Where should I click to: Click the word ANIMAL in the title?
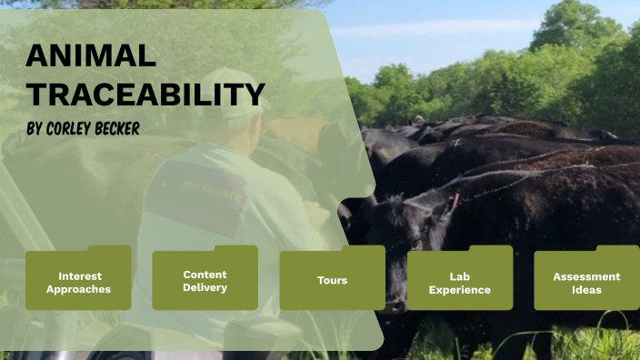(91, 56)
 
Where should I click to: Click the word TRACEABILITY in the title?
(145, 94)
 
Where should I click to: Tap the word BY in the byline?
(35, 129)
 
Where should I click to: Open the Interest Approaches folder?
(78, 282)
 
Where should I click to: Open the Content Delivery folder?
(205, 281)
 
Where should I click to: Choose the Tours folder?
(332, 281)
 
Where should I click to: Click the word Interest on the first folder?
(80, 275)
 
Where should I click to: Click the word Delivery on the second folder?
(205, 288)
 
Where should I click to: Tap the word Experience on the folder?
(460, 290)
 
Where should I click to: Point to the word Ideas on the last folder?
(586, 290)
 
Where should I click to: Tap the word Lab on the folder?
(460, 275)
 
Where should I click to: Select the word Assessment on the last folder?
(586, 276)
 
